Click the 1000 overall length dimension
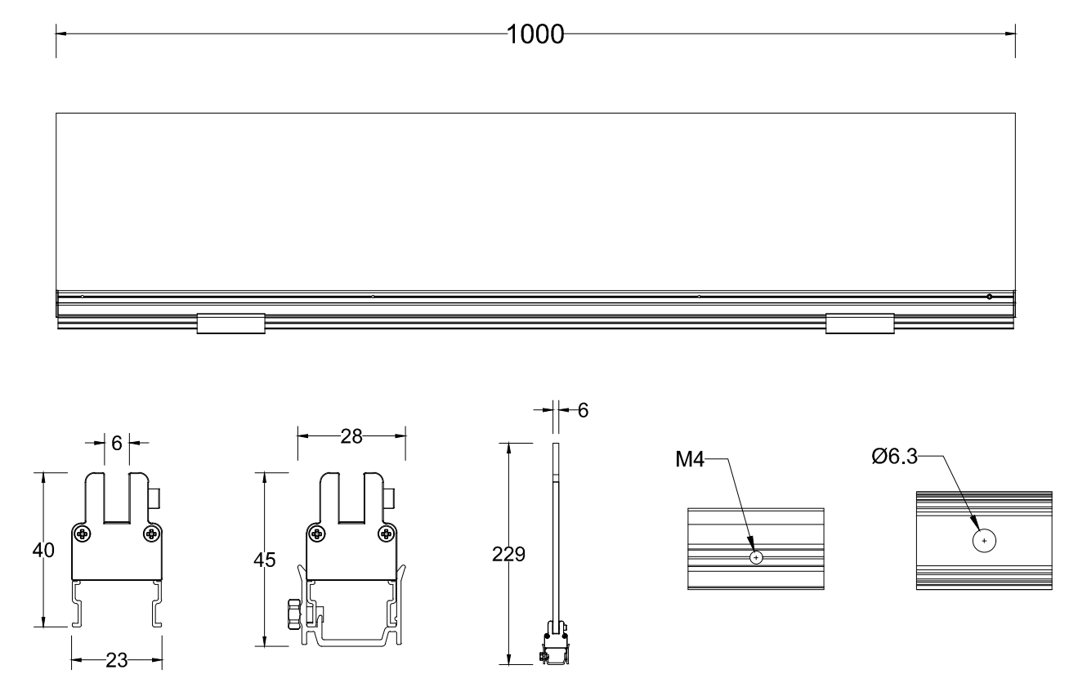(x=535, y=34)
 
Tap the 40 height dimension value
(x=43, y=550)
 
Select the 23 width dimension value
(x=116, y=660)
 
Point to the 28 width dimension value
(x=351, y=436)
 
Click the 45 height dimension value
(x=264, y=560)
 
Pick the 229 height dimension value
(x=508, y=555)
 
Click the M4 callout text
(x=690, y=460)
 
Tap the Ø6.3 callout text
(x=895, y=456)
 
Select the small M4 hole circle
(x=756, y=558)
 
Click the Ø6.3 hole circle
(x=984, y=541)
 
